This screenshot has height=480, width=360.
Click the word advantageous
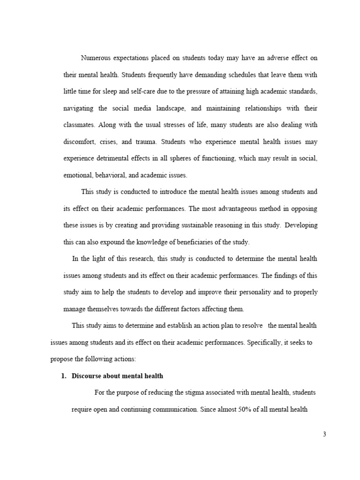tap(235, 208)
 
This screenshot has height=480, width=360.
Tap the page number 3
tap(324, 434)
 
